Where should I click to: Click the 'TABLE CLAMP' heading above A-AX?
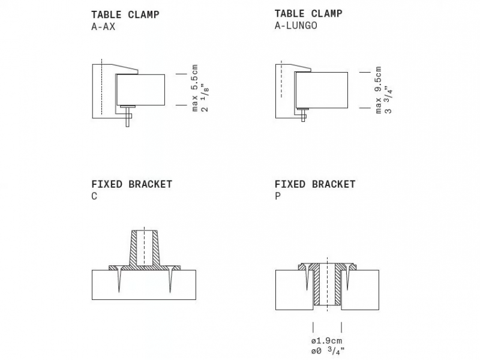click(x=125, y=14)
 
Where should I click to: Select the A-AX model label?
click(x=103, y=27)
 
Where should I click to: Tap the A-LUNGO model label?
click(x=296, y=25)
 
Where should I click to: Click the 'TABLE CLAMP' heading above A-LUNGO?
click(x=308, y=13)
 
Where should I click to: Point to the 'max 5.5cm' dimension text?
click(x=194, y=88)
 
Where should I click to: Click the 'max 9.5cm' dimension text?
click(x=378, y=90)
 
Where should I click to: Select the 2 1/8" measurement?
click(x=205, y=100)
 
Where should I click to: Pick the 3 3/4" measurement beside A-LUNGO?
click(x=388, y=101)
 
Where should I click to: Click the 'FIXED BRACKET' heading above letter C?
click(x=131, y=184)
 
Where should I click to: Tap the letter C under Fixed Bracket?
click(x=94, y=196)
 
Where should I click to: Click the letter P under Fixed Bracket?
click(x=278, y=196)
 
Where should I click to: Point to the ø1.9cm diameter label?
click(x=326, y=341)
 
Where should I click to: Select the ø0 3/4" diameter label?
click(x=328, y=350)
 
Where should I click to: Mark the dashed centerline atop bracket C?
click(x=144, y=248)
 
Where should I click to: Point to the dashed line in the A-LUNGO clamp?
click(x=281, y=79)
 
